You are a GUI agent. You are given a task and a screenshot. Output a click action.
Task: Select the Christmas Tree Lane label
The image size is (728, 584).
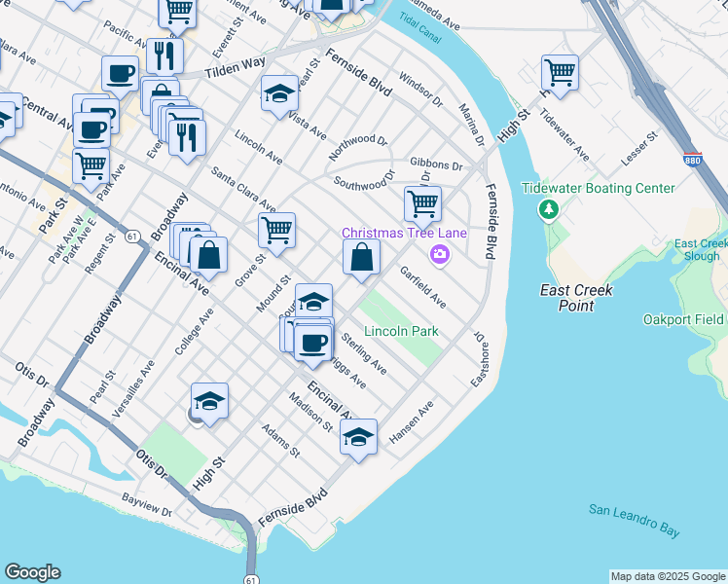coord(403,233)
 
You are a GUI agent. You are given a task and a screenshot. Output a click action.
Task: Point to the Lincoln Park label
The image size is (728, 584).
coord(402,332)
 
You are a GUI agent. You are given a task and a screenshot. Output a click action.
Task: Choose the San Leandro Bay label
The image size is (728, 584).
coord(633,520)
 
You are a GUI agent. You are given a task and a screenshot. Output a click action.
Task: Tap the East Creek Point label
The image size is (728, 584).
coord(568,298)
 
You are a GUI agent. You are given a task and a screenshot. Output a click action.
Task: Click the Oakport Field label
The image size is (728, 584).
coord(685,319)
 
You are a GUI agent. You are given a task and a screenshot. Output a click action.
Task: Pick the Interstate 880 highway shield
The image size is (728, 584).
coord(692,159)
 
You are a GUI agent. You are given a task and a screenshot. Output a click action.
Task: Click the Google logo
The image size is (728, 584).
coord(32,572)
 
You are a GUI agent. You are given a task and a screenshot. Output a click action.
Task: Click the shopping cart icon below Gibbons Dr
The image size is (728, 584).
coord(422,203)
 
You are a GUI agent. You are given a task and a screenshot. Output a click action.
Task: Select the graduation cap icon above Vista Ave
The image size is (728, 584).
coord(279,93)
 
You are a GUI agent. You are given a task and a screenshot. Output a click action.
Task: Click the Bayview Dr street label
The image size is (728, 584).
coord(147,505)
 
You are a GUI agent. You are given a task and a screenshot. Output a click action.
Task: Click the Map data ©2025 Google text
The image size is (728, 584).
coord(668,576)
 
